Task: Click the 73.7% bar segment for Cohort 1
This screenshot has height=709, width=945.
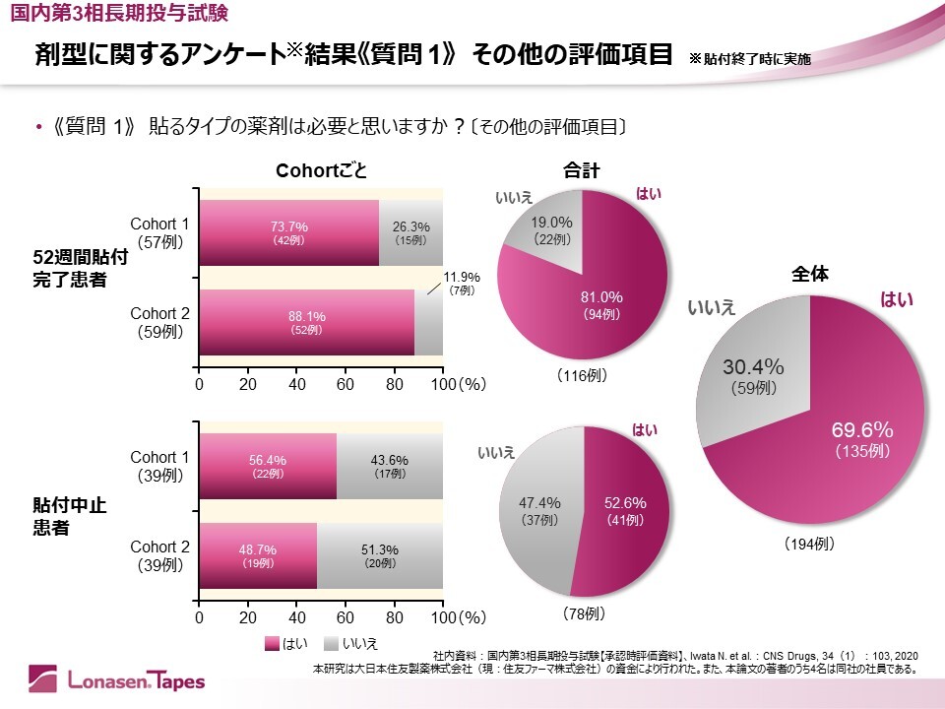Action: [288, 232]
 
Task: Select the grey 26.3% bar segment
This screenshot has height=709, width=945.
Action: [410, 232]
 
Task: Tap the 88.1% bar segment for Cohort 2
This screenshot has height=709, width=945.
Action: [306, 322]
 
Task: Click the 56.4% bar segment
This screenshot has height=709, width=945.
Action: [268, 466]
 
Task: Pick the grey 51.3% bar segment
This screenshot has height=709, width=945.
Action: [379, 555]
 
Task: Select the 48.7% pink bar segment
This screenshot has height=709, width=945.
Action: [258, 555]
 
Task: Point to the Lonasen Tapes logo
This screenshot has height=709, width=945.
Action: [117, 678]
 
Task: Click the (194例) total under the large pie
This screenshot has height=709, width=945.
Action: [810, 543]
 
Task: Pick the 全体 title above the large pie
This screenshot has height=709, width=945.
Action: [810, 276]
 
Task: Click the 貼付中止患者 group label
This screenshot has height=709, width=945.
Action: [69, 515]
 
